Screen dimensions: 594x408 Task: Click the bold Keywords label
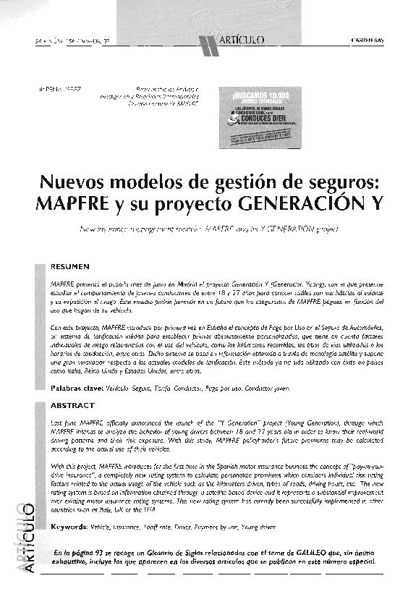[72, 527]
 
